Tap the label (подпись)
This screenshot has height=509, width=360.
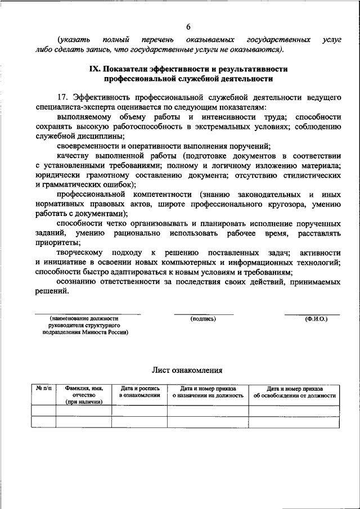tap(203, 319)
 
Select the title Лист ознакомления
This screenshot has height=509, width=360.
tap(187, 371)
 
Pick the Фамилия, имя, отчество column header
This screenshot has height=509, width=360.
tap(83, 395)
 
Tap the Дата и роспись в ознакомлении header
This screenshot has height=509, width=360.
tap(139, 392)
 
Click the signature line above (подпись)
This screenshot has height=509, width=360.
tap(203, 314)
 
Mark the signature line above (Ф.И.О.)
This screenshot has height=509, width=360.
tap(312, 314)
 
